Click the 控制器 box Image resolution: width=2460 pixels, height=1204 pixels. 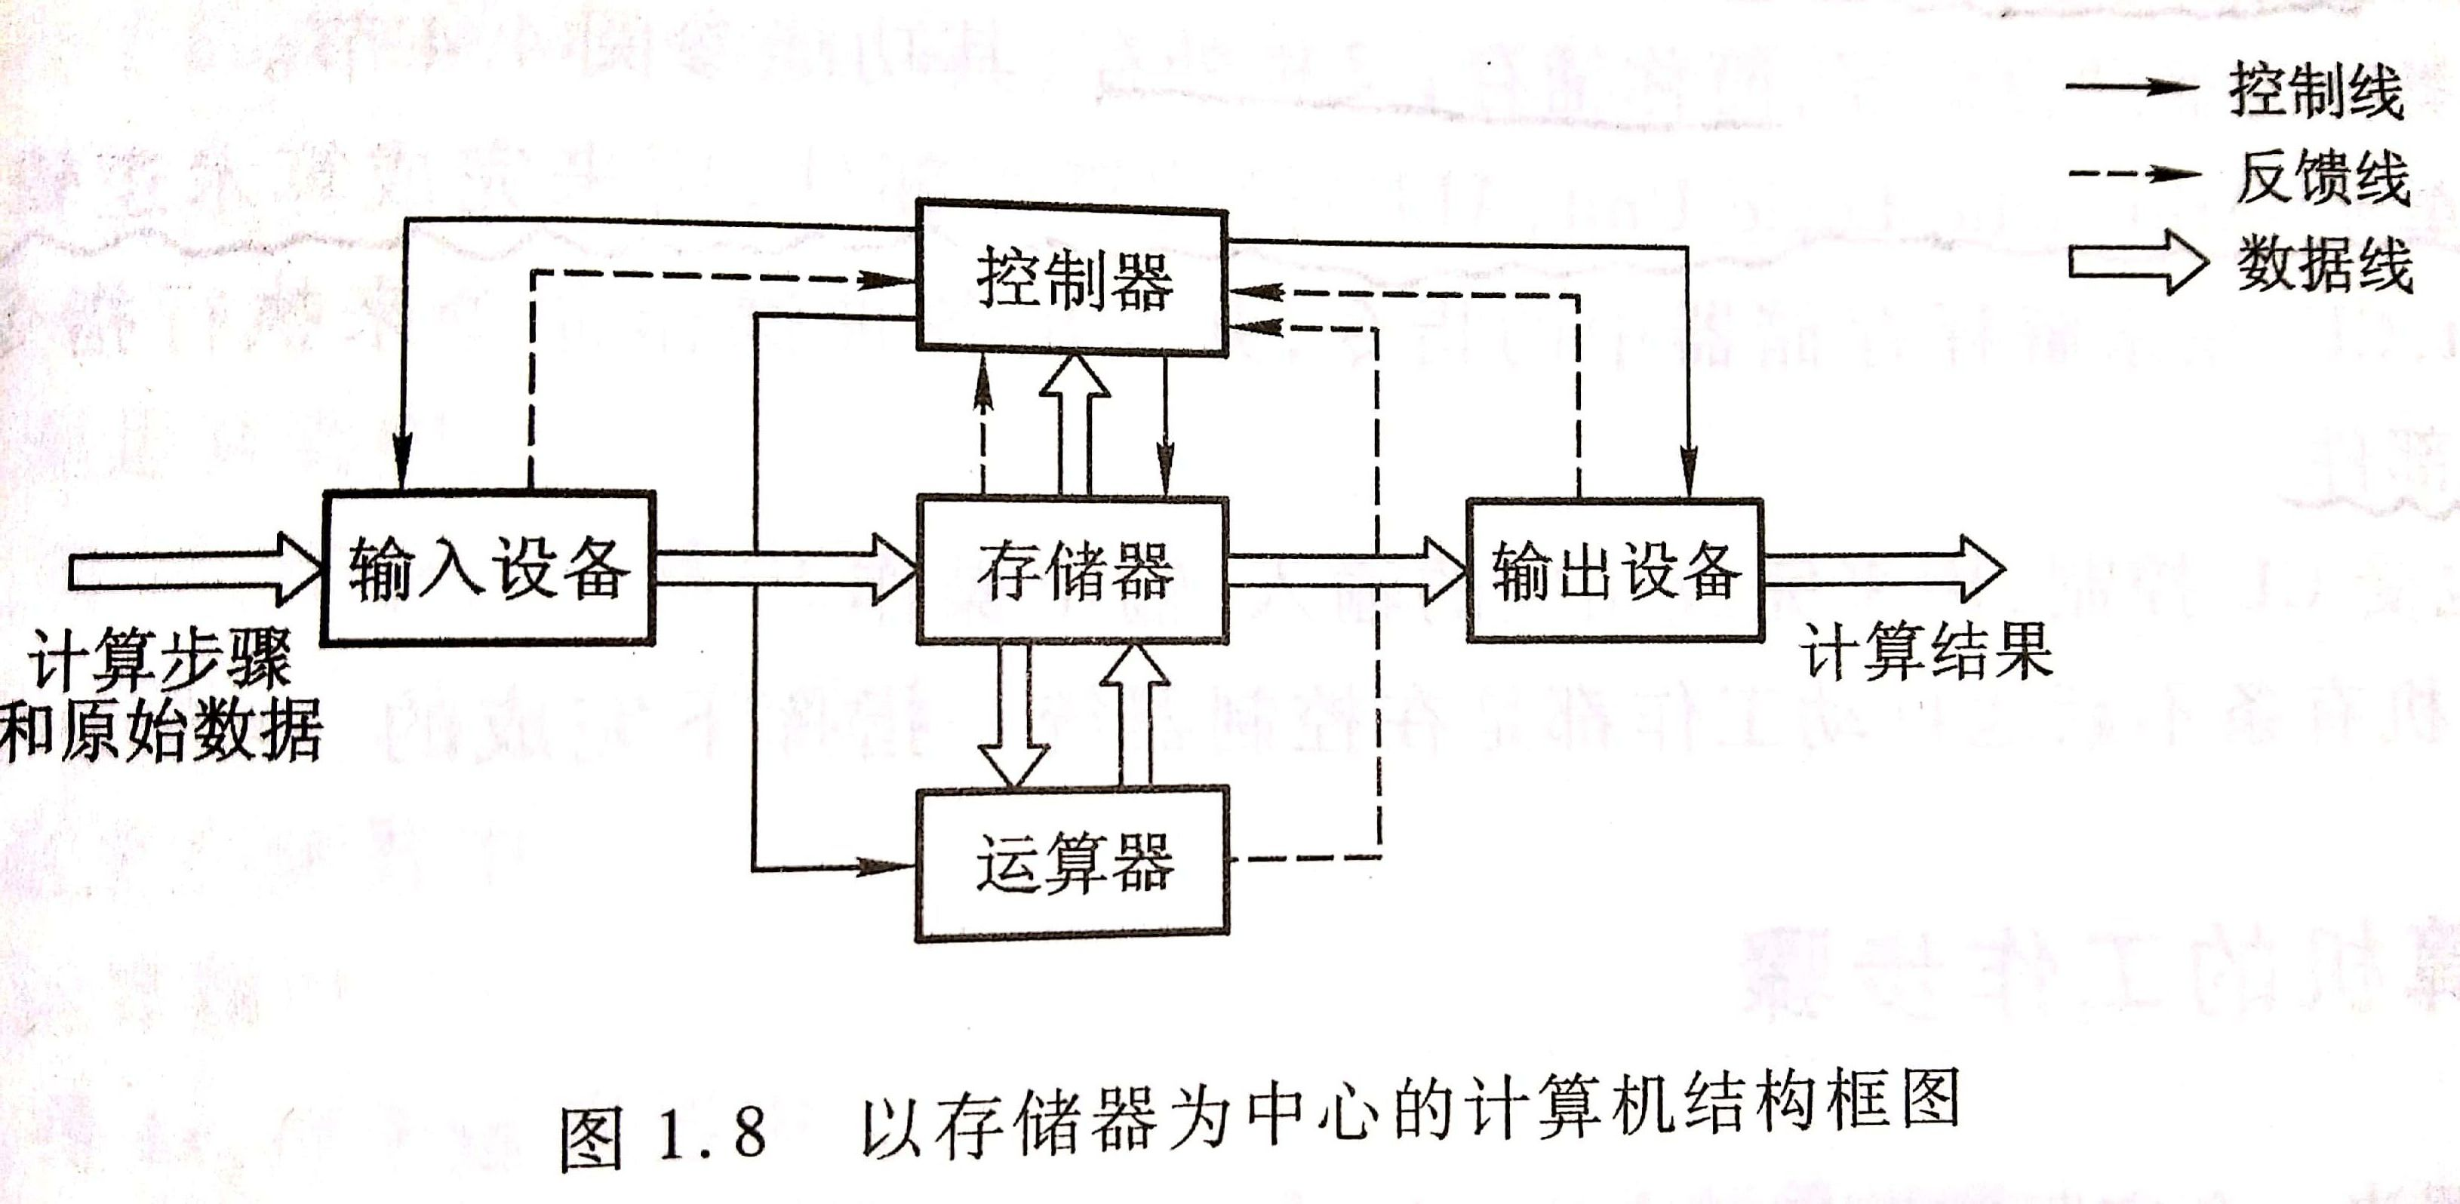coord(1072,279)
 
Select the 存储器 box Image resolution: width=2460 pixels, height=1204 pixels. coord(1072,569)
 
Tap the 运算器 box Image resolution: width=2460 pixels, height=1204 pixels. coord(1072,862)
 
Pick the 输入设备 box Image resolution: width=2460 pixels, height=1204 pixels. coord(488,569)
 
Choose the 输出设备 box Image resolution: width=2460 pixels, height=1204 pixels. coord(1614,569)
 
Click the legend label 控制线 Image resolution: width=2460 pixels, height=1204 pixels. coord(2315,90)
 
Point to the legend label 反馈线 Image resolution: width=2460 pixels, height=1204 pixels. coord(2320,177)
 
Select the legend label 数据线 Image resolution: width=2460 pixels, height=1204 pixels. coord(2324,265)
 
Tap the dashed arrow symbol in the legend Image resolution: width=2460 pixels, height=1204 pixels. coord(2133,175)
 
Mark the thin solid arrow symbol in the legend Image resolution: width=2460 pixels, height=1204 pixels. coord(2132,87)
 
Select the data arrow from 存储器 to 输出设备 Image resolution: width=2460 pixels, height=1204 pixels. coord(1345,570)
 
